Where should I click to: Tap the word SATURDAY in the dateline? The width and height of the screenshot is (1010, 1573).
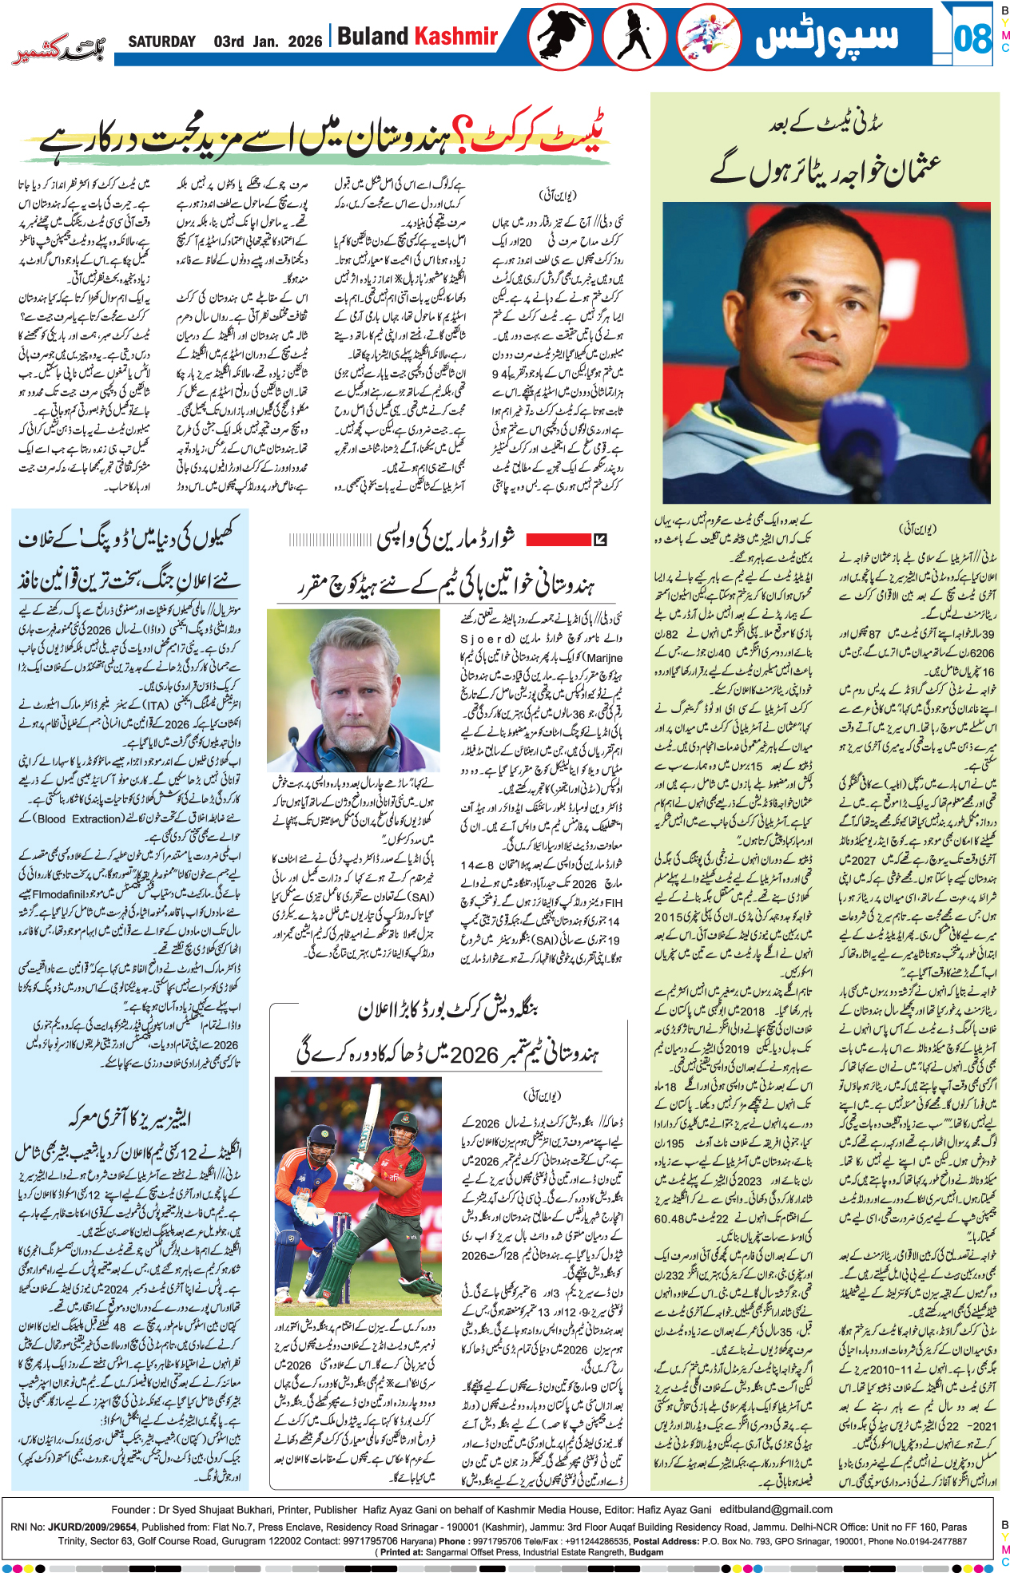click(x=161, y=42)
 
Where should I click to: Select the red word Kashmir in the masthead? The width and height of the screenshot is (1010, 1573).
click(x=455, y=37)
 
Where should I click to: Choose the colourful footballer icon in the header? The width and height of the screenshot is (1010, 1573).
click(x=708, y=37)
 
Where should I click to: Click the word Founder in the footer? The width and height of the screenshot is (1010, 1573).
click(x=130, y=1509)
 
